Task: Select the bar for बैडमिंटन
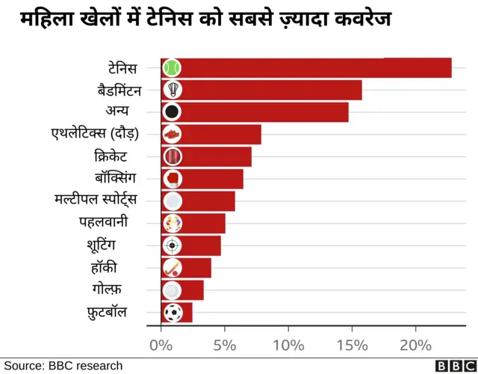(x=269, y=90)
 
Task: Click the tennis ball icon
(x=172, y=68)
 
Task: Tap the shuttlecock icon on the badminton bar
(x=172, y=90)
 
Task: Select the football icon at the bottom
(x=172, y=312)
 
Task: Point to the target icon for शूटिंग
(x=172, y=245)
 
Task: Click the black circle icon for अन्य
(x=172, y=112)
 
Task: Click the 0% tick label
(x=161, y=346)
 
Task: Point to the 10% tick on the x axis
(x=288, y=346)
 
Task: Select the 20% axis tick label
(x=415, y=346)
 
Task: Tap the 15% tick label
(x=352, y=346)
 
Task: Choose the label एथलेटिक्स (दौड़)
(x=95, y=134)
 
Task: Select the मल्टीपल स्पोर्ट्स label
(x=96, y=200)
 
